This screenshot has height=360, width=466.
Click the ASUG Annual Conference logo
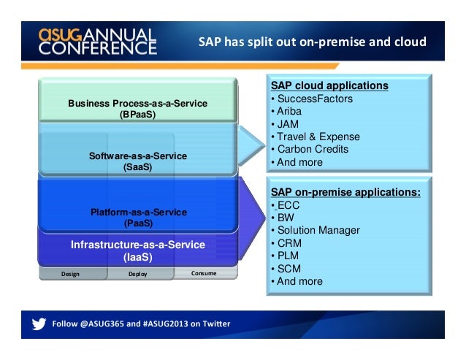(97, 42)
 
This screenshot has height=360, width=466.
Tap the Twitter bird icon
(37, 323)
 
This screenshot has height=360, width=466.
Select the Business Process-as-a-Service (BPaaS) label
(137, 109)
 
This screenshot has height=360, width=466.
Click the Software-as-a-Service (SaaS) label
(137, 161)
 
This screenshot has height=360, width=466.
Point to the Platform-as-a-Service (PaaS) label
(138, 218)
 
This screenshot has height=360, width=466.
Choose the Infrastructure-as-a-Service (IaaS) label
(137, 250)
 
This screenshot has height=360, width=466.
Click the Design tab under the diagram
(71, 275)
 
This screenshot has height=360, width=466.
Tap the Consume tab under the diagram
(205, 274)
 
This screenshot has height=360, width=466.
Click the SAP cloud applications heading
(329, 85)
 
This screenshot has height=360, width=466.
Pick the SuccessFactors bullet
(313, 99)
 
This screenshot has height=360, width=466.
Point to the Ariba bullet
(288, 111)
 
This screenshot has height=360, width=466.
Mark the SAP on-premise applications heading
(345, 192)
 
